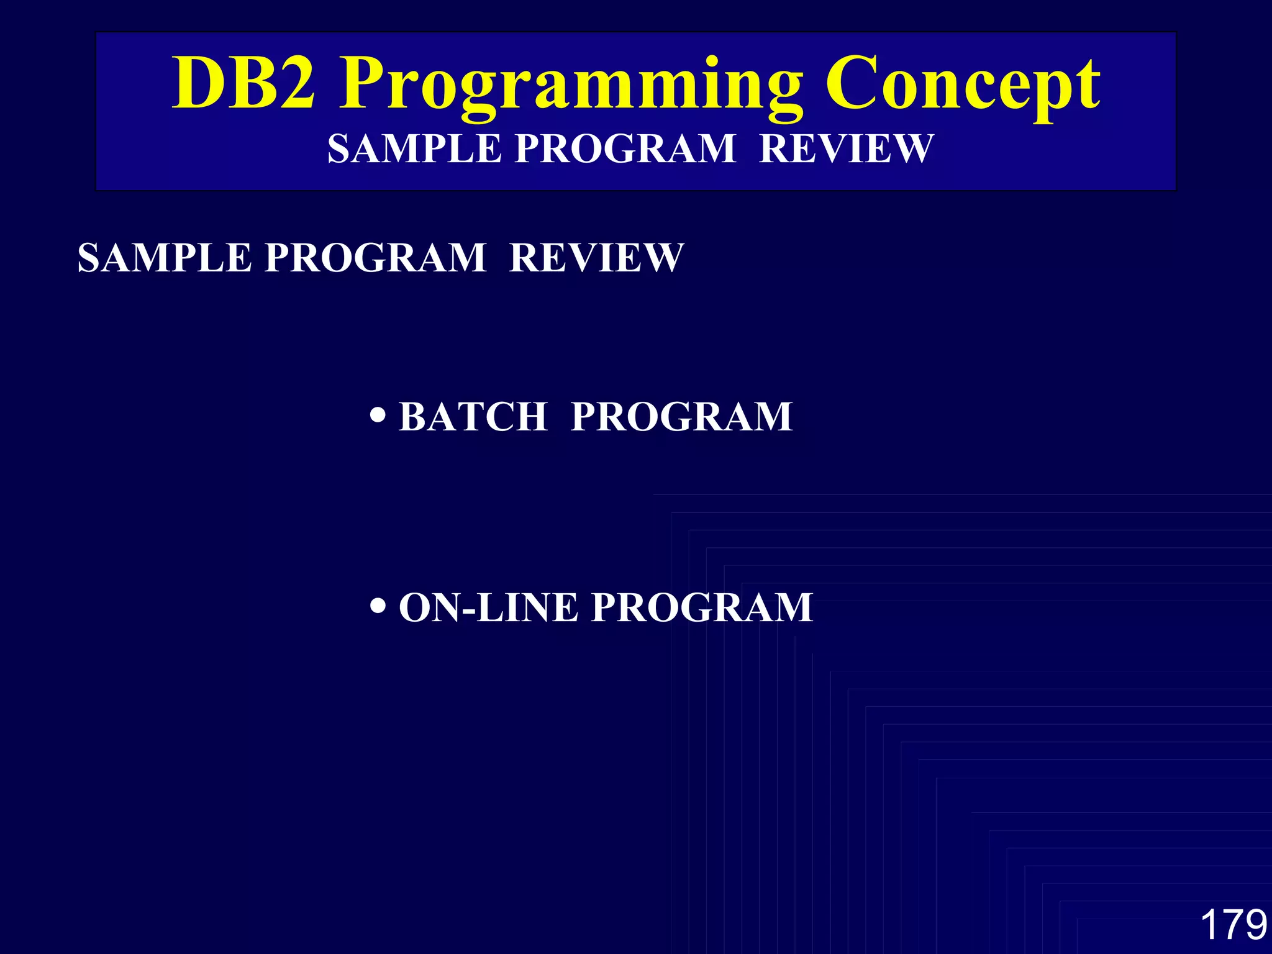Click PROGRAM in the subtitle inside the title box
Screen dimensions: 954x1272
click(x=625, y=149)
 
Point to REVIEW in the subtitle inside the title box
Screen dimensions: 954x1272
click(x=847, y=149)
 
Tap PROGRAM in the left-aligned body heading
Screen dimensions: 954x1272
click(x=375, y=258)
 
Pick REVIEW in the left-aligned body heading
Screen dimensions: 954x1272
click(x=596, y=258)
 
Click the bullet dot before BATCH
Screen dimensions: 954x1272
click(x=377, y=414)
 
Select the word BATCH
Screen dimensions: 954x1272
click(x=473, y=416)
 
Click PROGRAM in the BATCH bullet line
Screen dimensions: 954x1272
click(x=681, y=416)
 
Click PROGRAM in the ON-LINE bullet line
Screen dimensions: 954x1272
click(x=702, y=607)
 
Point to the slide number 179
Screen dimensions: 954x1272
click(x=1233, y=924)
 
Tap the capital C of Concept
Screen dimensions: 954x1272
click(x=853, y=84)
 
